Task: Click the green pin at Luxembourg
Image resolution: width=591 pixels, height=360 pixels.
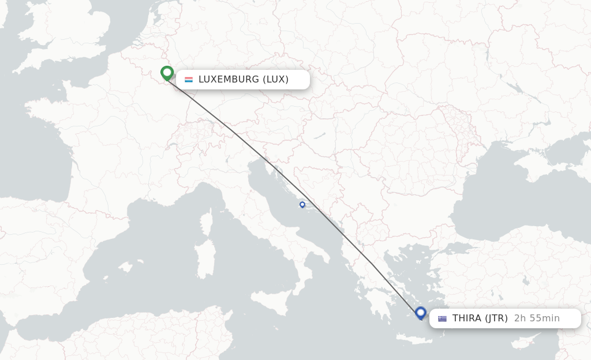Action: [167, 73]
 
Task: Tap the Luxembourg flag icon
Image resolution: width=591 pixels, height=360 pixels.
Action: [189, 80]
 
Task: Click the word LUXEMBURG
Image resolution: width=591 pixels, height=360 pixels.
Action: [229, 80]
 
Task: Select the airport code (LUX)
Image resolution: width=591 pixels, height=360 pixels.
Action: [275, 80]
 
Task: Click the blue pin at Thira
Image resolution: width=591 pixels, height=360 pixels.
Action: [421, 313]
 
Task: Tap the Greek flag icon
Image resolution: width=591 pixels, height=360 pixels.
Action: [442, 318]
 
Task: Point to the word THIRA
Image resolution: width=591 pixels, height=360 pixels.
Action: [467, 318]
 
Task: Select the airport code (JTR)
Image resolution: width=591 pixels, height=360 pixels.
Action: [496, 318]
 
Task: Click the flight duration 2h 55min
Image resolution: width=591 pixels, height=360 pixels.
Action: [537, 318]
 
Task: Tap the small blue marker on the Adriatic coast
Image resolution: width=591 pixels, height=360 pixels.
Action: [302, 204]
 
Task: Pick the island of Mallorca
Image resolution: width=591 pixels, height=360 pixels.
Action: [124, 266]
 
